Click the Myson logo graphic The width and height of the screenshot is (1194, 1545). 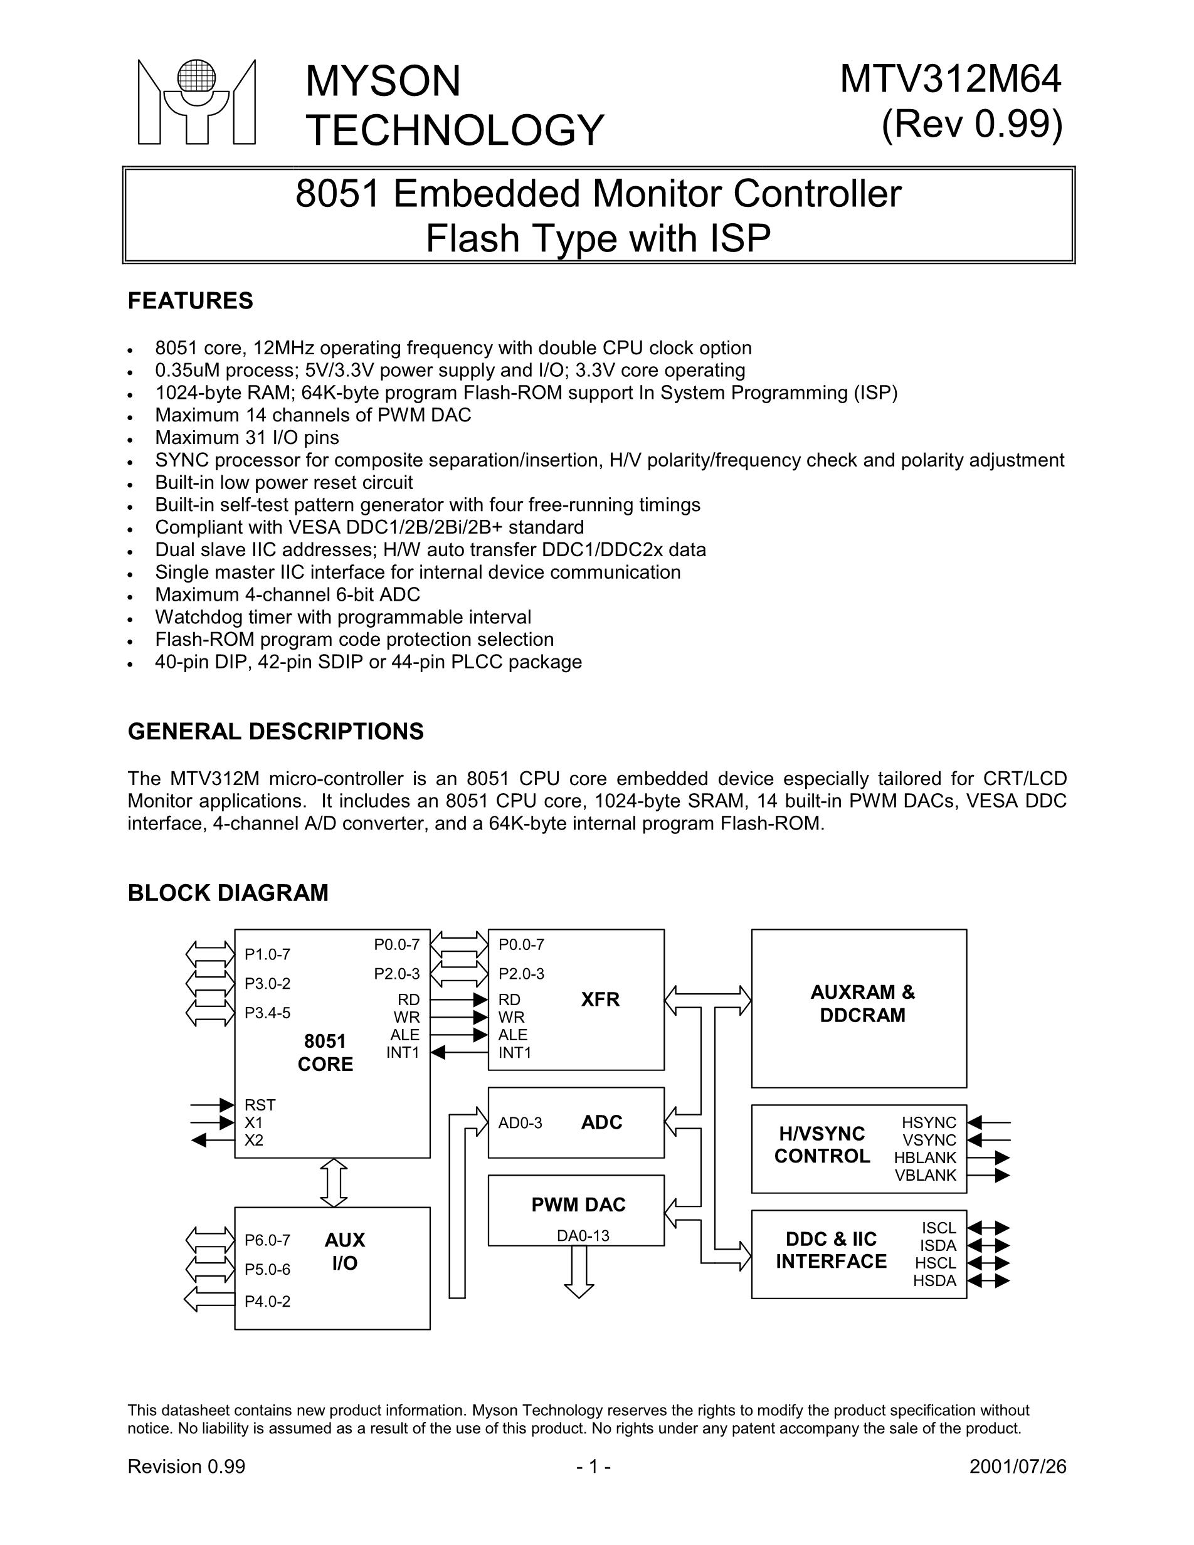pyautogui.click(x=196, y=103)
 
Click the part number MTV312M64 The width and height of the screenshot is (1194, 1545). pyautogui.click(x=950, y=79)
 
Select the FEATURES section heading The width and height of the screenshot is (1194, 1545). pyautogui.click(x=189, y=300)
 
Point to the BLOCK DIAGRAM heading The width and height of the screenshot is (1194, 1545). pyautogui.click(x=228, y=893)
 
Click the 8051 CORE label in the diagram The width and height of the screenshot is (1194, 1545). pyautogui.click(x=325, y=1053)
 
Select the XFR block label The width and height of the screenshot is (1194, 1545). pyautogui.click(x=600, y=999)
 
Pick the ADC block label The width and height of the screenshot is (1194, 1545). pyautogui.click(x=601, y=1122)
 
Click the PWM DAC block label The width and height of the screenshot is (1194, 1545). pyautogui.click(x=578, y=1205)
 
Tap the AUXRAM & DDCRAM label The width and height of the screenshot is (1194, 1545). pyautogui.click(x=862, y=1004)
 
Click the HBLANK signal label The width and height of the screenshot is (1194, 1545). pyautogui.click(x=924, y=1157)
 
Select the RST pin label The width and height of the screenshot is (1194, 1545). pyautogui.click(x=260, y=1105)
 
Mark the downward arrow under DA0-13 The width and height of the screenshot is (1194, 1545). pyautogui.click(x=579, y=1271)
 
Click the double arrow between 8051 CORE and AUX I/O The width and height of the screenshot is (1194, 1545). pyautogui.click(x=334, y=1182)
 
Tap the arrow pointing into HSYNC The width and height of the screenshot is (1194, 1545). pyautogui.click(x=988, y=1122)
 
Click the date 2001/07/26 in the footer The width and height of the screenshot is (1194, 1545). pyautogui.click(x=1017, y=1467)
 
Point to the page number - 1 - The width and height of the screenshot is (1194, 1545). pyautogui.click(x=593, y=1467)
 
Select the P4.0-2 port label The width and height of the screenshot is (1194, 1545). pyautogui.click(x=267, y=1301)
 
